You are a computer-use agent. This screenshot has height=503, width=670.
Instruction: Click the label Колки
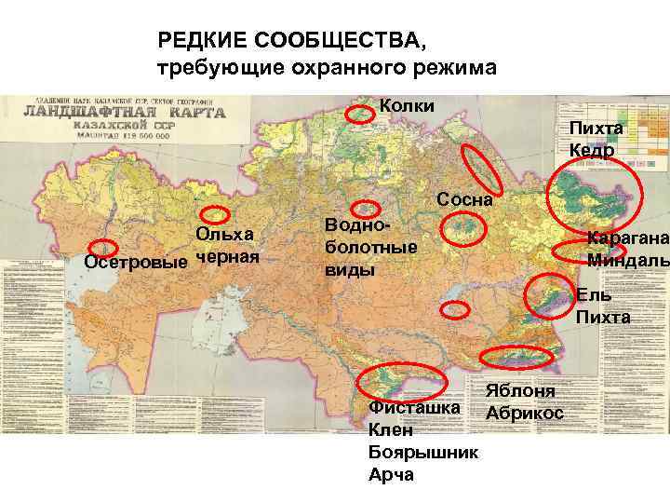coord(407,104)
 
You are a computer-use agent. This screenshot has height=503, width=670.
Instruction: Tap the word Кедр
coord(591,149)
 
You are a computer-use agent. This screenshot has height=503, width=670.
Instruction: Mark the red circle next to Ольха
coord(220,213)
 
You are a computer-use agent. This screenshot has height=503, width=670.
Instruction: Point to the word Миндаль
coord(628,259)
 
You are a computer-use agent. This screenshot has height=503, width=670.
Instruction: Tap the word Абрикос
coord(524,412)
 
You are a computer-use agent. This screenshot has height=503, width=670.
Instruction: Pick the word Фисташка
coord(414,408)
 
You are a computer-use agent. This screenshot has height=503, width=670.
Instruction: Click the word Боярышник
coord(423,453)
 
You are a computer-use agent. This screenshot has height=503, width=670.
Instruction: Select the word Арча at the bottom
coord(392,475)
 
